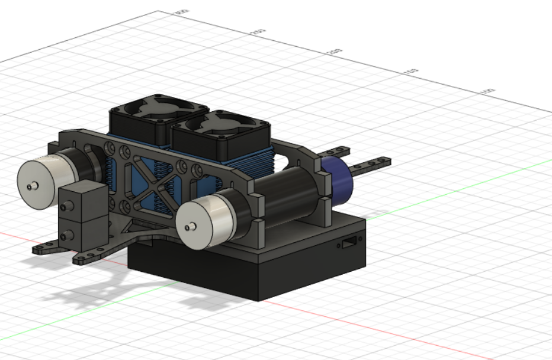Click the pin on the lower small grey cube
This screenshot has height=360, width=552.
click(63, 236)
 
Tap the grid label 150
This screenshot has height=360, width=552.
click(410, 71)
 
